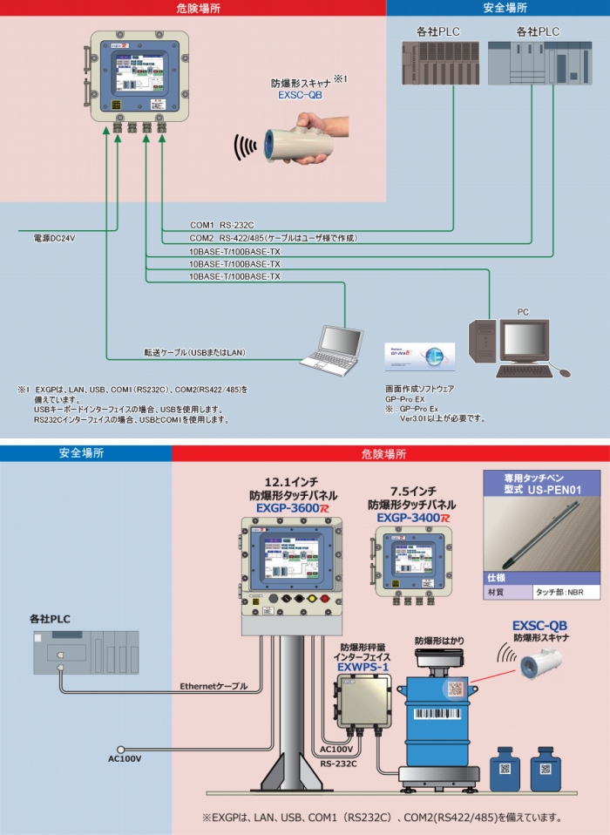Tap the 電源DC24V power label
[x=54, y=237]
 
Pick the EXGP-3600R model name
[x=287, y=506]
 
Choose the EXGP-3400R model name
[x=413, y=518]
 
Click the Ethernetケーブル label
[x=213, y=686]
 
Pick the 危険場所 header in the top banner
[x=193, y=8]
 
